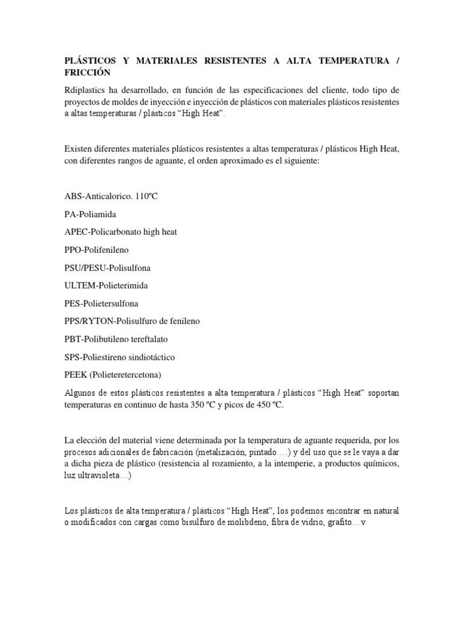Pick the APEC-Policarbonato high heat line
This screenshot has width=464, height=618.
tap(120, 232)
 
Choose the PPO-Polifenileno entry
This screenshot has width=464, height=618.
tap(96, 250)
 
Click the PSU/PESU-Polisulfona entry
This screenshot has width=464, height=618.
tap(107, 267)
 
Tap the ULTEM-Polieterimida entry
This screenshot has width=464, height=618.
tap(106, 285)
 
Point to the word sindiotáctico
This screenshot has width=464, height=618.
tap(147, 357)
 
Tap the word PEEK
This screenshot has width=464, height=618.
tap(76, 375)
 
